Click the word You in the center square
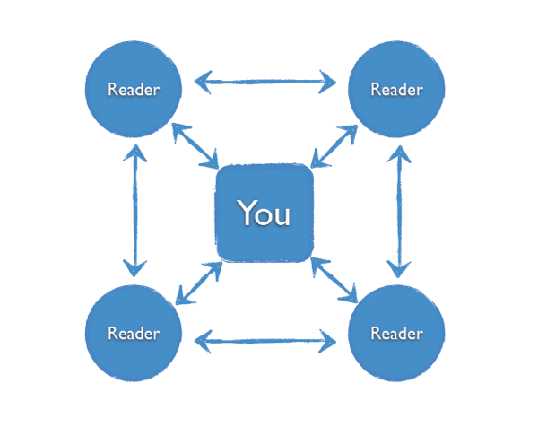tap(264, 213)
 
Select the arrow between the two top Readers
tap(266, 83)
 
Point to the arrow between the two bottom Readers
tap(266, 341)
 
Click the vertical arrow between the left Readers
tap(134, 212)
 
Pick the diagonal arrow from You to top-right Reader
tap(334, 143)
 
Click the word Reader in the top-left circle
tap(134, 90)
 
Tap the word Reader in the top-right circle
tap(396, 90)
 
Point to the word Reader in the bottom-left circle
tap(134, 334)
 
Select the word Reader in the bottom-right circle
tap(396, 334)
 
